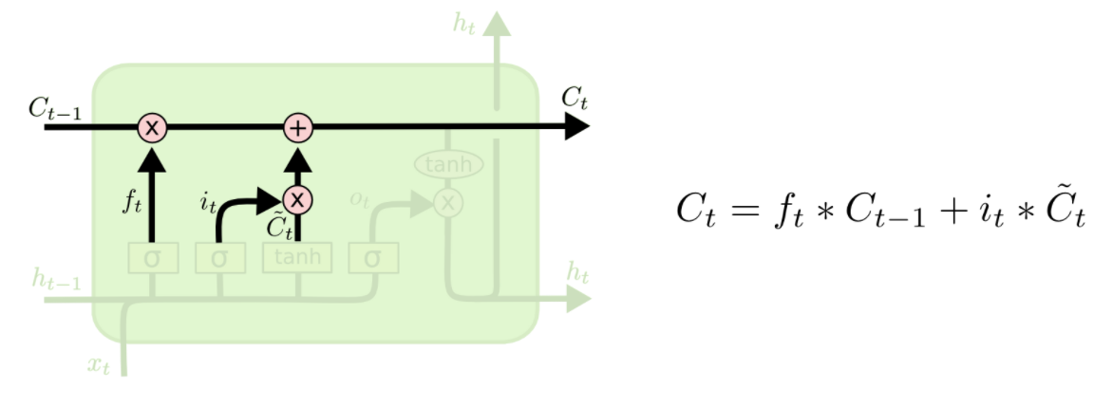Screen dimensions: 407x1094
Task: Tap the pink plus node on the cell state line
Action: (298, 126)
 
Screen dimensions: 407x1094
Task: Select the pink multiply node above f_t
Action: (152, 126)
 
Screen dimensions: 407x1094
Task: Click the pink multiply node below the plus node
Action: (298, 199)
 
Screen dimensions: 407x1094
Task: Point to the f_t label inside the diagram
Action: (133, 202)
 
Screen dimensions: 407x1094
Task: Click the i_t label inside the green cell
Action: (208, 202)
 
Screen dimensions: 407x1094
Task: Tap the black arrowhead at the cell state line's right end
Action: (576, 126)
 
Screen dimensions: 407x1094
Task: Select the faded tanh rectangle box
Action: (297, 256)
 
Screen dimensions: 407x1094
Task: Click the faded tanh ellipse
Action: (448, 165)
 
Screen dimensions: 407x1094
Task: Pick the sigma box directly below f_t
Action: (152, 258)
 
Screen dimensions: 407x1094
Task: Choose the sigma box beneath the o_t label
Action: (373, 258)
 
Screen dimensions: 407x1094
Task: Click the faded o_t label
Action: (360, 198)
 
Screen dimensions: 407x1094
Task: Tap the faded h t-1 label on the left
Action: (55, 278)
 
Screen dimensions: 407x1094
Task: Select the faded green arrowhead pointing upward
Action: (495, 24)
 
